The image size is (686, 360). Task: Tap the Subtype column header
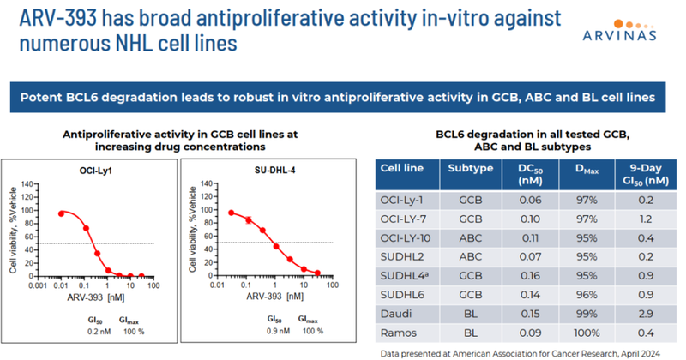(x=470, y=168)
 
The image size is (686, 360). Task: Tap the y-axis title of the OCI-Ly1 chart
(x=11, y=227)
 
